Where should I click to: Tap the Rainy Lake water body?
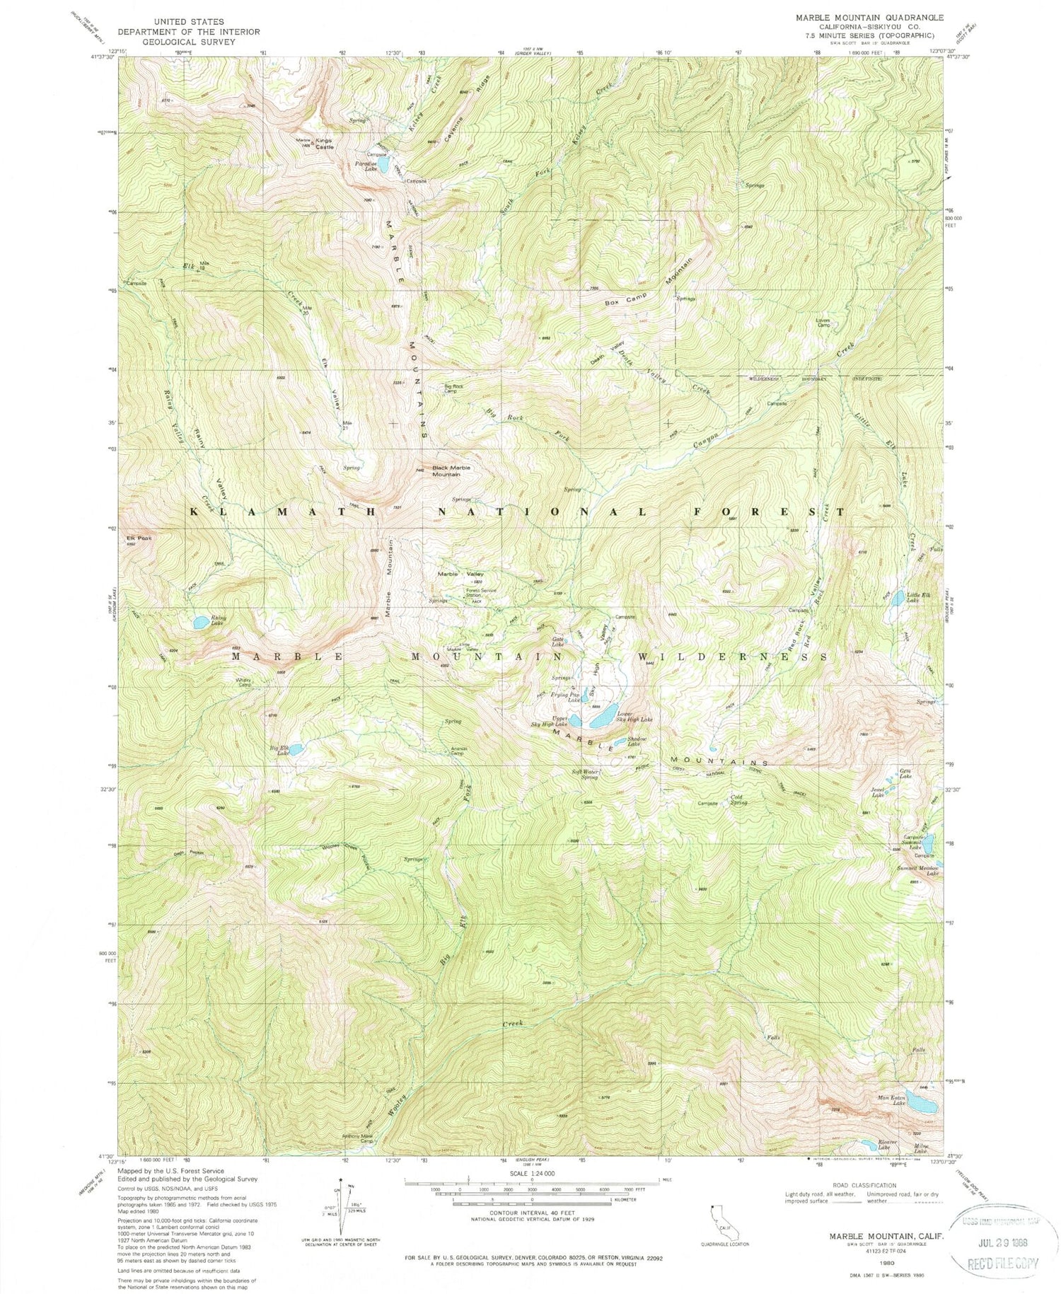pyautogui.click(x=201, y=622)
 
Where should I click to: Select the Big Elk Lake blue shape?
pyautogui.click(x=296, y=748)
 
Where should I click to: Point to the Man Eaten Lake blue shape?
pyautogui.click(x=922, y=1104)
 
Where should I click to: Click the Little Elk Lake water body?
pyautogui.click(x=897, y=599)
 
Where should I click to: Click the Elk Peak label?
pyautogui.click(x=139, y=538)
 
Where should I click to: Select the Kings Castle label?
pyautogui.click(x=324, y=144)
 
